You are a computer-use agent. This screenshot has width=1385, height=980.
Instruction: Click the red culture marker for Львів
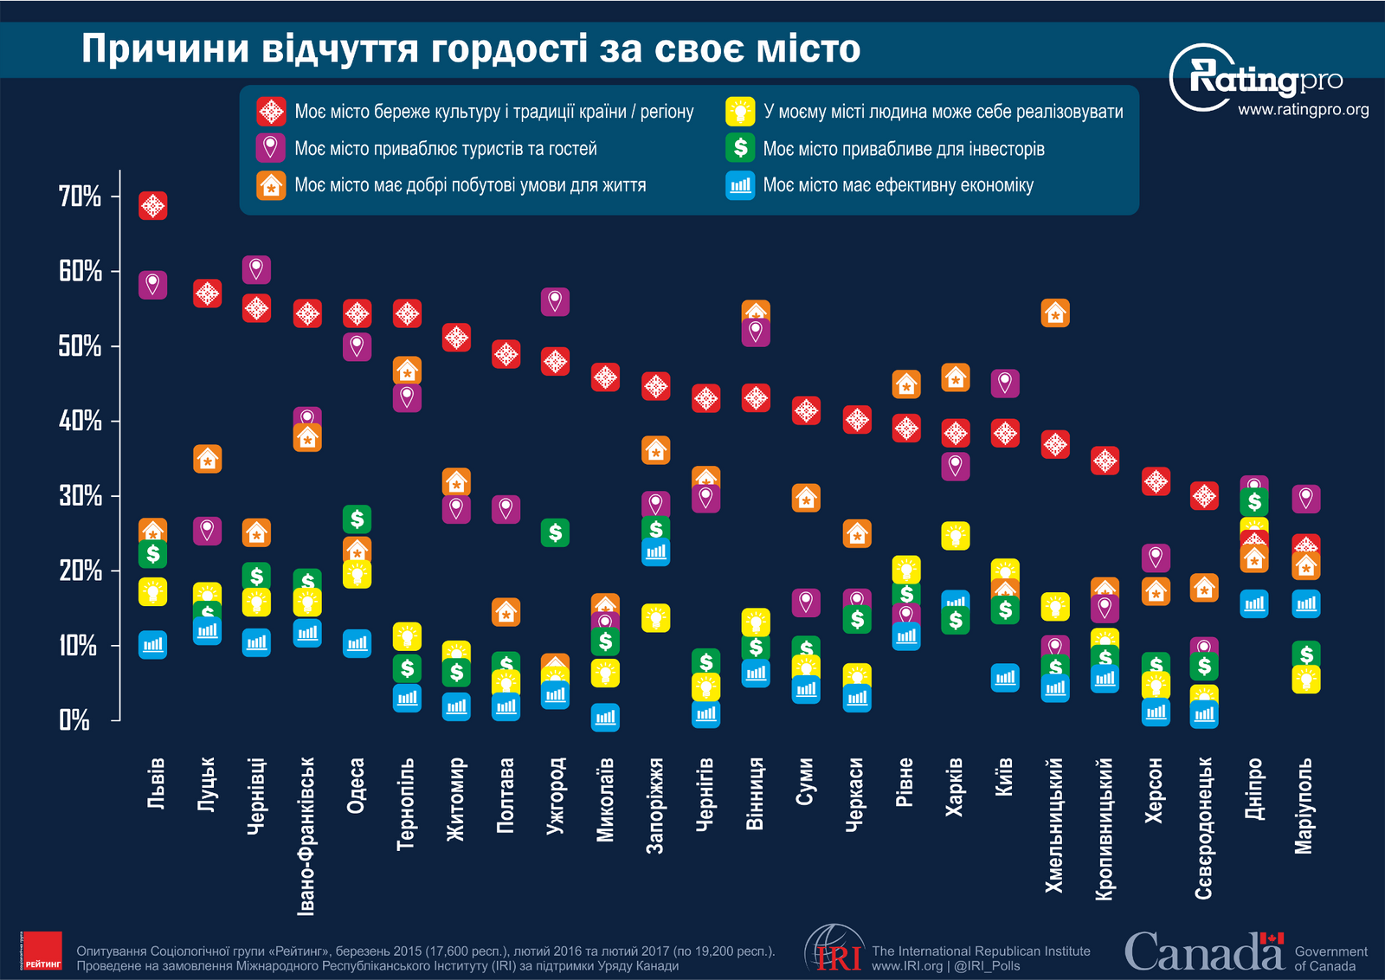(x=153, y=205)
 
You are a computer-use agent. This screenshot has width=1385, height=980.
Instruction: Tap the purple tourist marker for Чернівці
(x=256, y=269)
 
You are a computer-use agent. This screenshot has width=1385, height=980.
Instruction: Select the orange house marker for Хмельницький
(x=1055, y=313)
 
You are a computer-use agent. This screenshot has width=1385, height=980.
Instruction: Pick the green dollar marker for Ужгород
(x=555, y=532)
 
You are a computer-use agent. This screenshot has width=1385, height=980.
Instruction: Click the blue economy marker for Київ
(x=1005, y=678)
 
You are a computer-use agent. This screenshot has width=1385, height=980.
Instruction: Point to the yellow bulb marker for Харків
(x=956, y=536)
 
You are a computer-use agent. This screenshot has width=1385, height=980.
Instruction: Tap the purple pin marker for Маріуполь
(x=1306, y=499)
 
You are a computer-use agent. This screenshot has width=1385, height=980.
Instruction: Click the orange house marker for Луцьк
(x=208, y=459)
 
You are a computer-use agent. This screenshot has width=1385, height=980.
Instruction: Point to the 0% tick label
(x=74, y=719)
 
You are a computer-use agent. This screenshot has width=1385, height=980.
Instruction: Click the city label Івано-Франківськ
(x=307, y=836)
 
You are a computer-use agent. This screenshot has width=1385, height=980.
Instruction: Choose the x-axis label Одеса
(x=357, y=786)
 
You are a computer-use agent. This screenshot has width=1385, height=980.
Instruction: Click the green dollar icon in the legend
(x=740, y=148)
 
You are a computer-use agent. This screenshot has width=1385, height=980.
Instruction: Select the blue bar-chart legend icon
(x=740, y=185)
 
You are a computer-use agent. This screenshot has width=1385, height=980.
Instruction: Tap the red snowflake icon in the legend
(x=271, y=111)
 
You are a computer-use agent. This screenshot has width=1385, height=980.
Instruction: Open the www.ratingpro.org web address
(x=1303, y=110)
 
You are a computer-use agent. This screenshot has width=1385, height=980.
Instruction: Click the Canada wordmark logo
(x=1203, y=951)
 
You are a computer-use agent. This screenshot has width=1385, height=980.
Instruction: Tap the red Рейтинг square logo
(x=42, y=951)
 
